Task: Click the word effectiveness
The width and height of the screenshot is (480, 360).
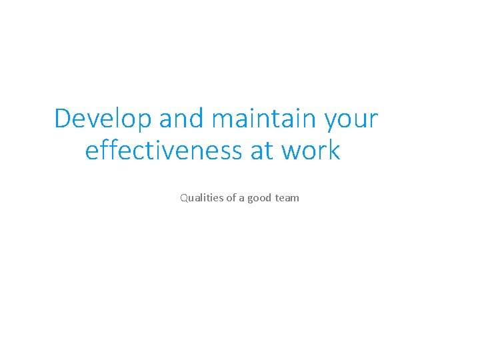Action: (x=164, y=151)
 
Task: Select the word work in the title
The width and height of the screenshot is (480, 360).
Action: (x=311, y=151)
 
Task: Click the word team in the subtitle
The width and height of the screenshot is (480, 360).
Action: (x=287, y=198)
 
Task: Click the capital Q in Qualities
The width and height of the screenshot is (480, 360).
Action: (x=183, y=198)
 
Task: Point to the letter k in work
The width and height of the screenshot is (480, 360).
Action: (x=334, y=151)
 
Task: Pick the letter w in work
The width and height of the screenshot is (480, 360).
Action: (x=291, y=152)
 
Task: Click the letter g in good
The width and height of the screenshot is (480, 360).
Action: (x=251, y=199)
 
